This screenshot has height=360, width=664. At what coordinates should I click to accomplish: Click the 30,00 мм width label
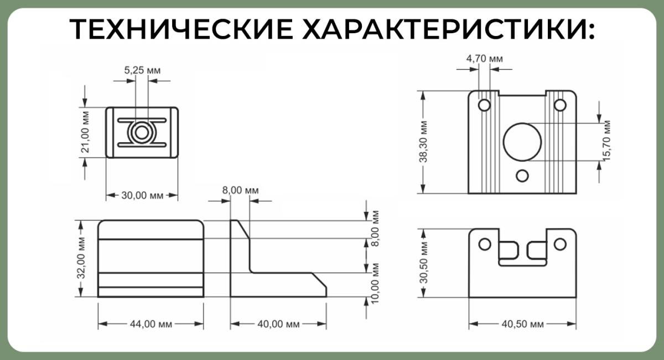pyautogui.click(x=142, y=195)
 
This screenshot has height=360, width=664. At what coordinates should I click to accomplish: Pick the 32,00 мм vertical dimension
pyautogui.click(x=81, y=258)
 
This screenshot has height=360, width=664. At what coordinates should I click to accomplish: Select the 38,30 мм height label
pyautogui.click(x=423, y=142)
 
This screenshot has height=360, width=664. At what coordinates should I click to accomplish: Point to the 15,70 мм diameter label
pyautogui.click(x=606, y=141)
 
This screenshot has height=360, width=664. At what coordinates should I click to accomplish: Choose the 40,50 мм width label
pyautogui.click(x=522, y=324)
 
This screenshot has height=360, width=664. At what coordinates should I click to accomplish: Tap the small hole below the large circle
pyautogui.click(x=522, y=176)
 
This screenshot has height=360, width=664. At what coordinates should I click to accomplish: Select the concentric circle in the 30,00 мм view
pyautogui.click(x=141, y=133)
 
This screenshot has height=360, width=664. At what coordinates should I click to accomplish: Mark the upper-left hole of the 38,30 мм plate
pyautogui.click(x=484, y=105)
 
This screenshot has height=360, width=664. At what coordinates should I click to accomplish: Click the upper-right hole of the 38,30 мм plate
pyautogui.click(x=559, y=105)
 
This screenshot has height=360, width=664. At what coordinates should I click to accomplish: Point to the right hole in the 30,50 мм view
pyautogui.click(x=559, y=244)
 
